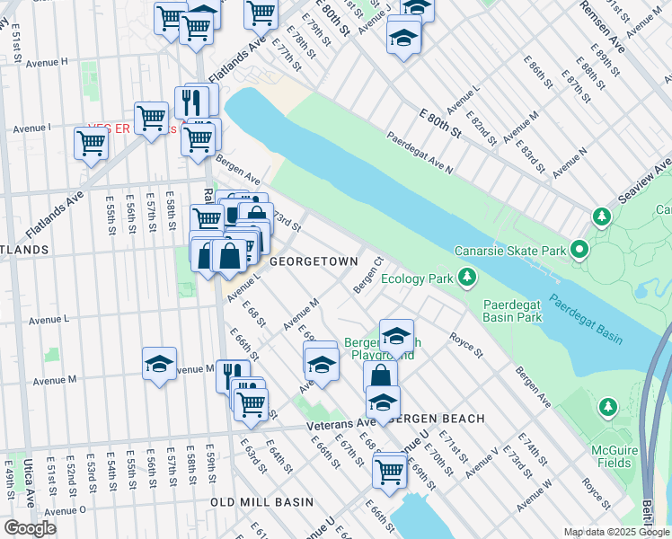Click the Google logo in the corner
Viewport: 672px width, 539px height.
click(x=30, y=528)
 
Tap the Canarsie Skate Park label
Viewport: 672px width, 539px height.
click(x=509, y=250)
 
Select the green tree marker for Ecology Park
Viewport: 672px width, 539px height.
click(x=466, y=278)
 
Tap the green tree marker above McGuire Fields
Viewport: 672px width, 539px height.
click(x=608, y=408)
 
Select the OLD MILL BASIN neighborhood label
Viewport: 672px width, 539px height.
click(x=261, y=501)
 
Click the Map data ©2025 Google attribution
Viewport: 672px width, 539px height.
click(x=615, y=532)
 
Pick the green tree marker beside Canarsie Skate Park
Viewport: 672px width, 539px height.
click(x=600, y=216)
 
